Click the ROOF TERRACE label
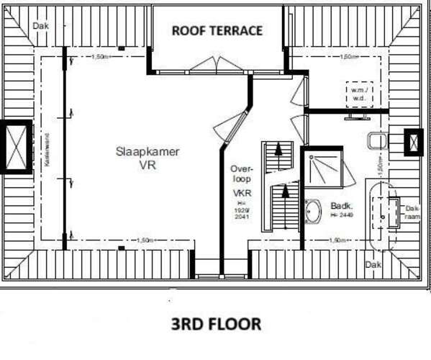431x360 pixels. [x=216, y=30]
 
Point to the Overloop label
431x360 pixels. [x=240, y=174]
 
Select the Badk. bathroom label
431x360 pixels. [x=341, y=204]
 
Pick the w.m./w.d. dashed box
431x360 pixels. [x=358, y=94]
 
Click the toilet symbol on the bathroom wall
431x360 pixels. [x=377, y=140]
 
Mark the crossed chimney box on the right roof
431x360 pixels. [x=414, y=142]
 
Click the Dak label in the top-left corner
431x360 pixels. [x=41, y=26]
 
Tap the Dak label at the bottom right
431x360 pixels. [x=372, y=265]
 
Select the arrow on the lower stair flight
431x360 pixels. [x=286, y=194]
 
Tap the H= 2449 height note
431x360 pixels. [x=342, y=215]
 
